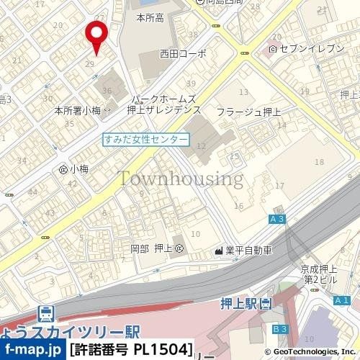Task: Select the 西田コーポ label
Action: pyautogui.click(x=183, y=54)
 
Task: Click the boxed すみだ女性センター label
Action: pyautogui.click(x=146, y=139)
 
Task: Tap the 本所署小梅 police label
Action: pyautogui.click(x=78, y=111)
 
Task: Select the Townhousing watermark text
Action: pyautogui.click(x=180, y=178)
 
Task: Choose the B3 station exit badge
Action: pyautogui.click(x=280, y=329)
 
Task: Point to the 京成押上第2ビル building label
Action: pyautogui.click(x=320, y=274)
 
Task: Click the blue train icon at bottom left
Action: pyautogui.click(x=45, y=314)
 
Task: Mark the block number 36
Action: pyautogui.click(x=107, y=91)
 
